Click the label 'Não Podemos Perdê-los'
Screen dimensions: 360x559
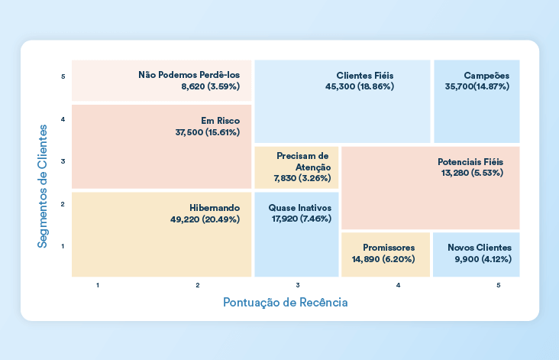pos(189,75)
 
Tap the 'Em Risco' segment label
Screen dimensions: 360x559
pos(220,121)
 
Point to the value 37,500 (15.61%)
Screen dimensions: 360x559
pos(207,132)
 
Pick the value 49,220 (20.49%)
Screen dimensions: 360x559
pos(205,219)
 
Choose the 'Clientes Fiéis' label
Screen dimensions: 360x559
pos(365,76)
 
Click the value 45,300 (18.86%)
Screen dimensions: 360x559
pos(359,87)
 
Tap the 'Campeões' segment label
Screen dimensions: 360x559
pos(486,76)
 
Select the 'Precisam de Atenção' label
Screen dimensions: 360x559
pos(303,161)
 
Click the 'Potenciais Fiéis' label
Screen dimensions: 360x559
pos(470,162)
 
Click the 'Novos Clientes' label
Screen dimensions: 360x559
pos(480,248)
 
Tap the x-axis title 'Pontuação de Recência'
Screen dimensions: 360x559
pos(285,302)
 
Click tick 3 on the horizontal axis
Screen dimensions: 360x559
pos(298,285)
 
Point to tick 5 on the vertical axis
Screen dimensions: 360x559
pos(63,76)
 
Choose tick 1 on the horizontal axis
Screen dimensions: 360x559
pos(99,285)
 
